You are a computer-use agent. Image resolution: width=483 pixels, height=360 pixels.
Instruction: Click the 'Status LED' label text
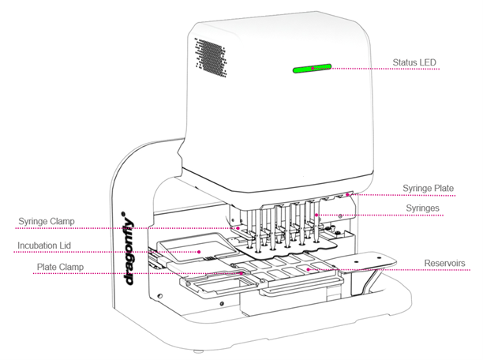[414, 62]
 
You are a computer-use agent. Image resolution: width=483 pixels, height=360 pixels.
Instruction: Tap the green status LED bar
[312, 69]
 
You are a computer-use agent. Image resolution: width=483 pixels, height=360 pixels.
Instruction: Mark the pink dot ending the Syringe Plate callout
[357, 194]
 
